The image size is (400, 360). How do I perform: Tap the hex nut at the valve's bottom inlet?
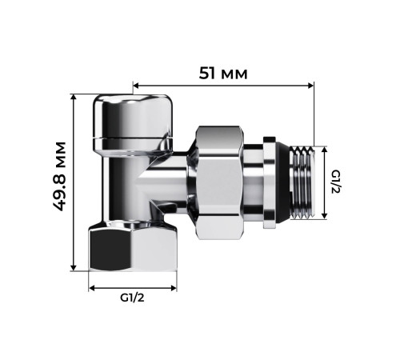(x=133, y=247)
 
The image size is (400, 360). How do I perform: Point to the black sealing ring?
(x=274, y=182)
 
